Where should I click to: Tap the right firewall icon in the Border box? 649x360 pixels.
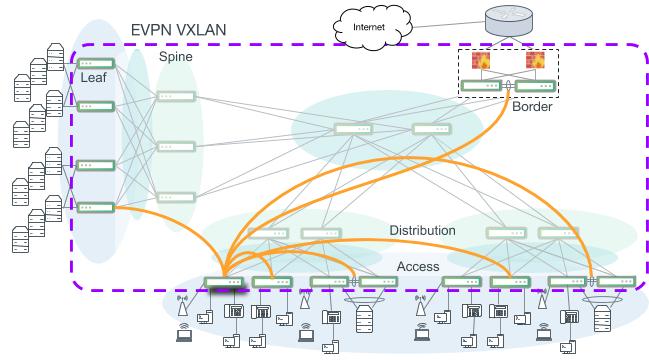(x=535, y=62)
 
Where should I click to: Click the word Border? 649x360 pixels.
(x=531, y=106)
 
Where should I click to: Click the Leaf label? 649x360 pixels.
(x=95, y=77)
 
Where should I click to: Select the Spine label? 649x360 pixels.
(x=175, y=57)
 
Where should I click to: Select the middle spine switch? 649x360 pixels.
(x=176, y=146)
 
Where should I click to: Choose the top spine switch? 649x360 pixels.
(x=176, y=97)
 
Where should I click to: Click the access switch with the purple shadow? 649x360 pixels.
(x=222, y=282)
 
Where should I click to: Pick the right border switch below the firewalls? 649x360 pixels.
(x=535, y=86)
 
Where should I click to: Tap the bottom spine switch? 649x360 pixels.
(x=176, y=197)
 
